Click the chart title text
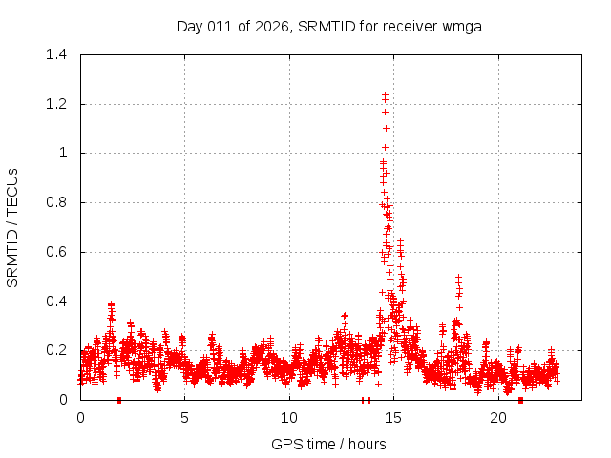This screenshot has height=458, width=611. [329, 26]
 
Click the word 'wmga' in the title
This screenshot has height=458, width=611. [463, 26]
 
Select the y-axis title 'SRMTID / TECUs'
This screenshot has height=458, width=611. [13, 227]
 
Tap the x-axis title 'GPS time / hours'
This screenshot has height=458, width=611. [329, 444]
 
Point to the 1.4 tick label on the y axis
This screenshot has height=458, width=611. [59, 54]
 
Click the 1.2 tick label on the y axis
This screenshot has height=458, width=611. [59, 104]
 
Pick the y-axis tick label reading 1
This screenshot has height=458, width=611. [65, 153]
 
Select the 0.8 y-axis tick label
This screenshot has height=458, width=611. [59, 202]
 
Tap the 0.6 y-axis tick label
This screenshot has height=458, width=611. [59, 252]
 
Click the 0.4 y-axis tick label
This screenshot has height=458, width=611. [59, 302]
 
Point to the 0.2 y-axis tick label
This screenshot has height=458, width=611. [59, 351]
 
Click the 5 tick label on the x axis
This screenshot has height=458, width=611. [185, 418]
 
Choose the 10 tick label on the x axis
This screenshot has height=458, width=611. [289, 418]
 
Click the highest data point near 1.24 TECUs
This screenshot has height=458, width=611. [385, 94]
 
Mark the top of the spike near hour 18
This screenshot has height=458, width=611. [458, 277]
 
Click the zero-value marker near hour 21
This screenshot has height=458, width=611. [520, 400]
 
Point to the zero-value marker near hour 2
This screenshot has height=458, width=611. [118, 400]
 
